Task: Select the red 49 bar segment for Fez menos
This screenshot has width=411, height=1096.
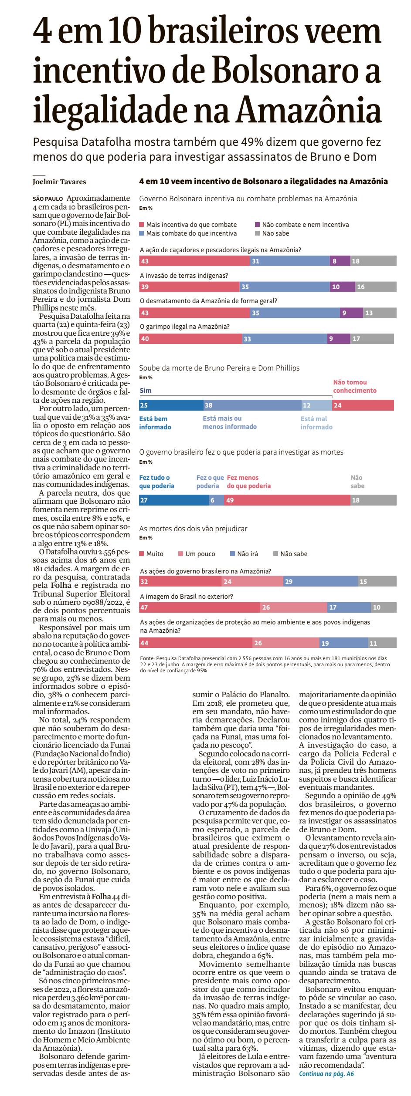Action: click(287, 500)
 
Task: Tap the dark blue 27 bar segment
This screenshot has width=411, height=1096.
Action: click(173, 500)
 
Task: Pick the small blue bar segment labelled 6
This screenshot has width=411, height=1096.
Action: click(216, 500)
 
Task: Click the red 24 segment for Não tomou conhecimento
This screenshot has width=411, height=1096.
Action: click(363, 405)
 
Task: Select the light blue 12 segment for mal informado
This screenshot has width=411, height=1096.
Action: click(316, 405)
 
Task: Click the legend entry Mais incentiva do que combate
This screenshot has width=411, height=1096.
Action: click(188, 225)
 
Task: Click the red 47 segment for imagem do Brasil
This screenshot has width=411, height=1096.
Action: click(199, 607)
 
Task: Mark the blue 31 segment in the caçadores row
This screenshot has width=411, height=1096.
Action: click(290, 261)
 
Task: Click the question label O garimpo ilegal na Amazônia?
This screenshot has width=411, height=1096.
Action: click(184, 327)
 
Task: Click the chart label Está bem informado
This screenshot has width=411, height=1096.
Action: click(153, 423)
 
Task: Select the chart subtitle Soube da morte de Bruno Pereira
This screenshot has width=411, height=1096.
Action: click(219, 368)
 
